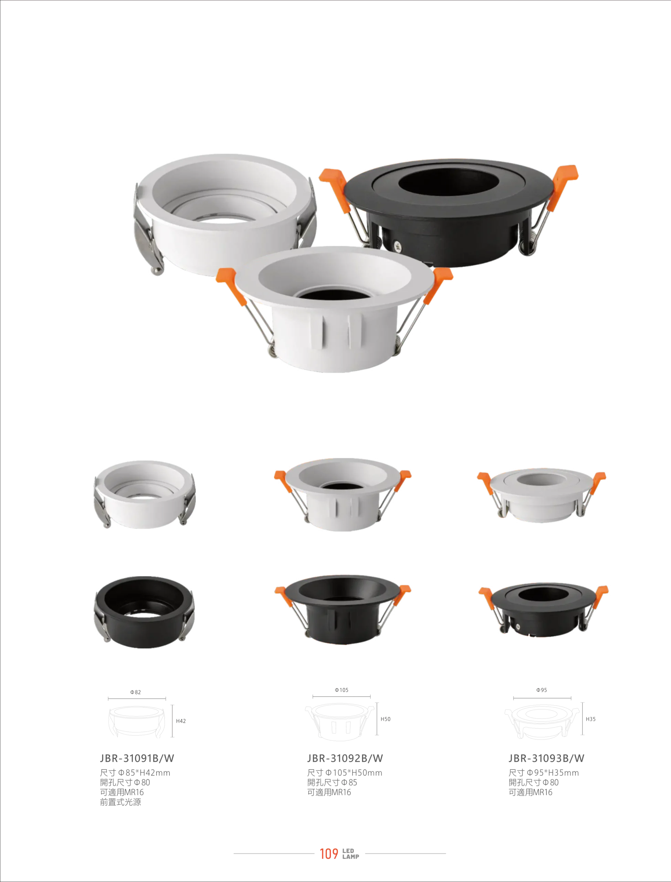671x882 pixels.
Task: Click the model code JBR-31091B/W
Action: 137,758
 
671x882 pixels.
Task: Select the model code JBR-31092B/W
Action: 345,758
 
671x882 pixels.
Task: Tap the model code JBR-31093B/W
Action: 546,758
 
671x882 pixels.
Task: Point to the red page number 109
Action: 329,854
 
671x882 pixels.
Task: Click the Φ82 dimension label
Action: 135,692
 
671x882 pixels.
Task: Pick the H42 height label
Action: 181,721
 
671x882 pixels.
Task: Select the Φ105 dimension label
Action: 342,690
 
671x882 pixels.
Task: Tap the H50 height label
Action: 386,719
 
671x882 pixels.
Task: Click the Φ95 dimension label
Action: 542,690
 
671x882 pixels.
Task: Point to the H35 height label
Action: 590,719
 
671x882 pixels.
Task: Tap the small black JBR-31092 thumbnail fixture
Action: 343,609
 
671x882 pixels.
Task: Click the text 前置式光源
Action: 120,802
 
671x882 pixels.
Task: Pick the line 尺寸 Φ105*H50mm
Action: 345,773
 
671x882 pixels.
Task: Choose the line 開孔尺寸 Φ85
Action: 332,782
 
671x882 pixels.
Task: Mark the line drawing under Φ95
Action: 542,722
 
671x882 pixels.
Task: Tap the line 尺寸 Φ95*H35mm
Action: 544,773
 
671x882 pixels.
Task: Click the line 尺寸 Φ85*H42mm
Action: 135,773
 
